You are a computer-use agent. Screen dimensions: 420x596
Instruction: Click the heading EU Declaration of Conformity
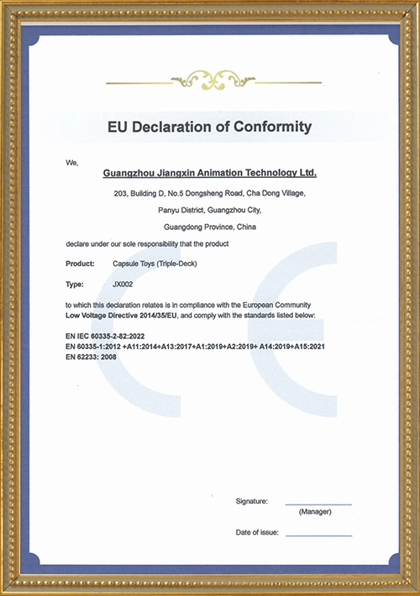[x=209, y=128]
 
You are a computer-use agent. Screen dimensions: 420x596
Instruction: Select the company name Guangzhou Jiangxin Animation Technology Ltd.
[x=209, y=173]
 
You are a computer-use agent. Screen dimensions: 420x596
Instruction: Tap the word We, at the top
[x=71, y=161]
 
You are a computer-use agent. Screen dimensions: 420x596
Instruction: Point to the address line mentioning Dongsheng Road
[x=209, y=193]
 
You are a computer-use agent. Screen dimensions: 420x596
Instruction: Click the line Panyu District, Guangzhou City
[x=209, y=210]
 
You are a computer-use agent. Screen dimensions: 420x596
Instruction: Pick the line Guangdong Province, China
[x=209, y=227]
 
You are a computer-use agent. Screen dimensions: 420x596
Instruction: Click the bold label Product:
[x=81, y=264]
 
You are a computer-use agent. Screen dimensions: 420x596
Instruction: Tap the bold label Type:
[x=75, y=285]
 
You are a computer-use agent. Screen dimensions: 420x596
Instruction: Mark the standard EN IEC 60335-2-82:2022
[x=115, y=335]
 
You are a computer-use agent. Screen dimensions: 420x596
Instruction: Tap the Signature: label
[x=252, y=500]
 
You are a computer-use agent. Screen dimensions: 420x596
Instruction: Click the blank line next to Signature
[x=318, y=504]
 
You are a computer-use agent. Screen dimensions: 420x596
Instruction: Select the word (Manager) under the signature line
[x=315, y=512]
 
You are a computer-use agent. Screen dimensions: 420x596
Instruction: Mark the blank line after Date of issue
[x=318, y=536]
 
